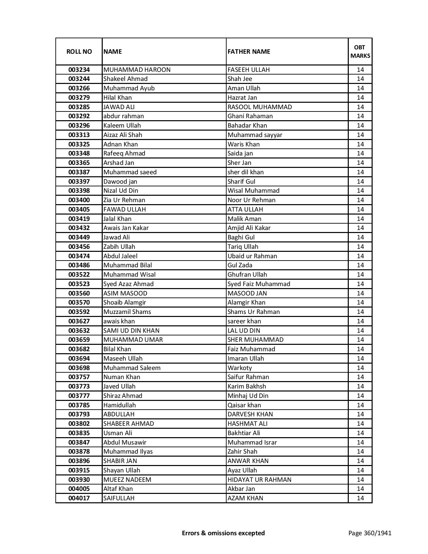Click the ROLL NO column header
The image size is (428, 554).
coord(79,51)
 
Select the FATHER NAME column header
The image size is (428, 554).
coord(249,51)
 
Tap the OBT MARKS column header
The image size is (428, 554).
coord(360,51)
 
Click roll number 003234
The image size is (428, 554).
coord(79,70)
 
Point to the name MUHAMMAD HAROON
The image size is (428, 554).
coord(137,70)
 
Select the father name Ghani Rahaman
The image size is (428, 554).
coord(250,116)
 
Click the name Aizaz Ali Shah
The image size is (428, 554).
coord(123,135)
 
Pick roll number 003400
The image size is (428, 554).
coord(79,200)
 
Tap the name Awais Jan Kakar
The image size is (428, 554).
coord(126,228)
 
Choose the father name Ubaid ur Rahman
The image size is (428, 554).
coord(252,256)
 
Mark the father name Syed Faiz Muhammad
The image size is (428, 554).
coord(259,284)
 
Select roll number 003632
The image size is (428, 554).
coord(79,331)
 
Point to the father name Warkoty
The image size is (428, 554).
coord(240,368)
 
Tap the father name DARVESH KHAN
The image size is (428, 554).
coord(250,414)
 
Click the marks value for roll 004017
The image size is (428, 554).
coord(360,498)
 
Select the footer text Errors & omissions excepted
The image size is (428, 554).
coord(223,533)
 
